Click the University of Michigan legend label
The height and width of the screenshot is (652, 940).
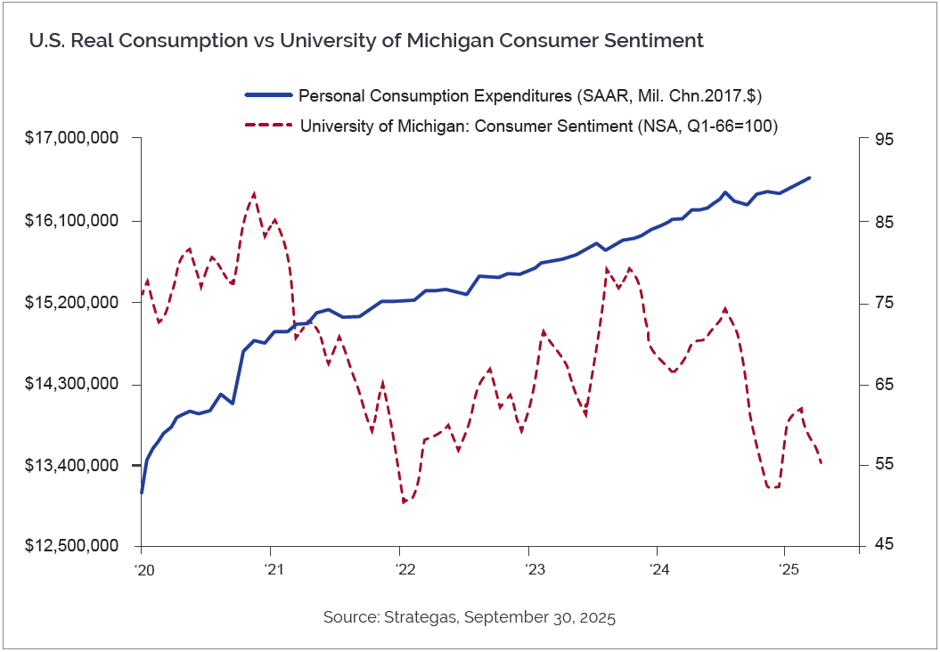pos(539,126)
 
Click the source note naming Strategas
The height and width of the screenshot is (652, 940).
pos(470,616)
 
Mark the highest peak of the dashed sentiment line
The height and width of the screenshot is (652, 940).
pos(254,193)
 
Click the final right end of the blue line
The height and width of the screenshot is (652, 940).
pos(810,177)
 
